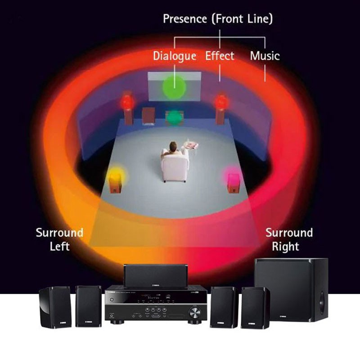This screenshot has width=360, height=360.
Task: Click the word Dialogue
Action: click(x=174, y=56)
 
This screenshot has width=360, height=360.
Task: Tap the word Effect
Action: click(x=220, y=56)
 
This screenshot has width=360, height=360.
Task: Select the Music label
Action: click(x=265, y=56)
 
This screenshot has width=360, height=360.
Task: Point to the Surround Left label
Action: click(x=59, y=239)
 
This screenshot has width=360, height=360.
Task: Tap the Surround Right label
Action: click(x=288, y=239)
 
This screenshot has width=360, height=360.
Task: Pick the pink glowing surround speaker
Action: click(x=233, y=179)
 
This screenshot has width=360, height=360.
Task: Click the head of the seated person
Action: click(x=173, y=146)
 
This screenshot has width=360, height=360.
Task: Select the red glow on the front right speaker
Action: click(x=220, y=101)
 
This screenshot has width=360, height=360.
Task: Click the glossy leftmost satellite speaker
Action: click(x=55, y=307)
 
